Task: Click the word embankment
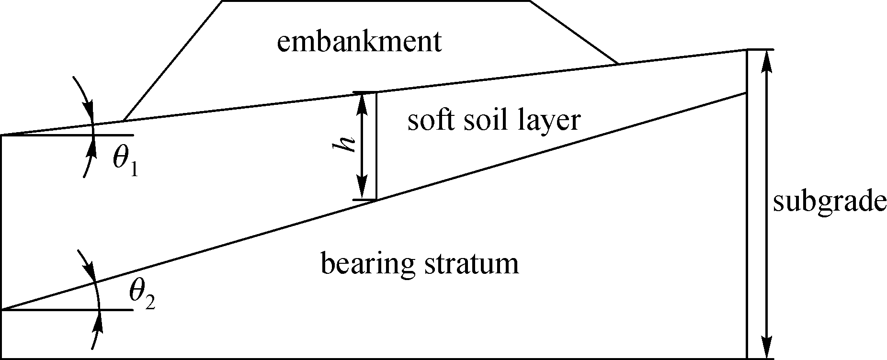(359, 42)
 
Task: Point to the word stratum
(471, 264)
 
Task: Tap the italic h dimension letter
(345, 143)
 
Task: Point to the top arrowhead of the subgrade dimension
(768, 60)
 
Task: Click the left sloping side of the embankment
(173, 61)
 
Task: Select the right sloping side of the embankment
(573, 32)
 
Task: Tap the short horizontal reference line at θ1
(67, 135)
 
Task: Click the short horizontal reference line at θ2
(67, 310)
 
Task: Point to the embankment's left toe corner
(124, 121)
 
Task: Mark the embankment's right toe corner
(618, 64)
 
